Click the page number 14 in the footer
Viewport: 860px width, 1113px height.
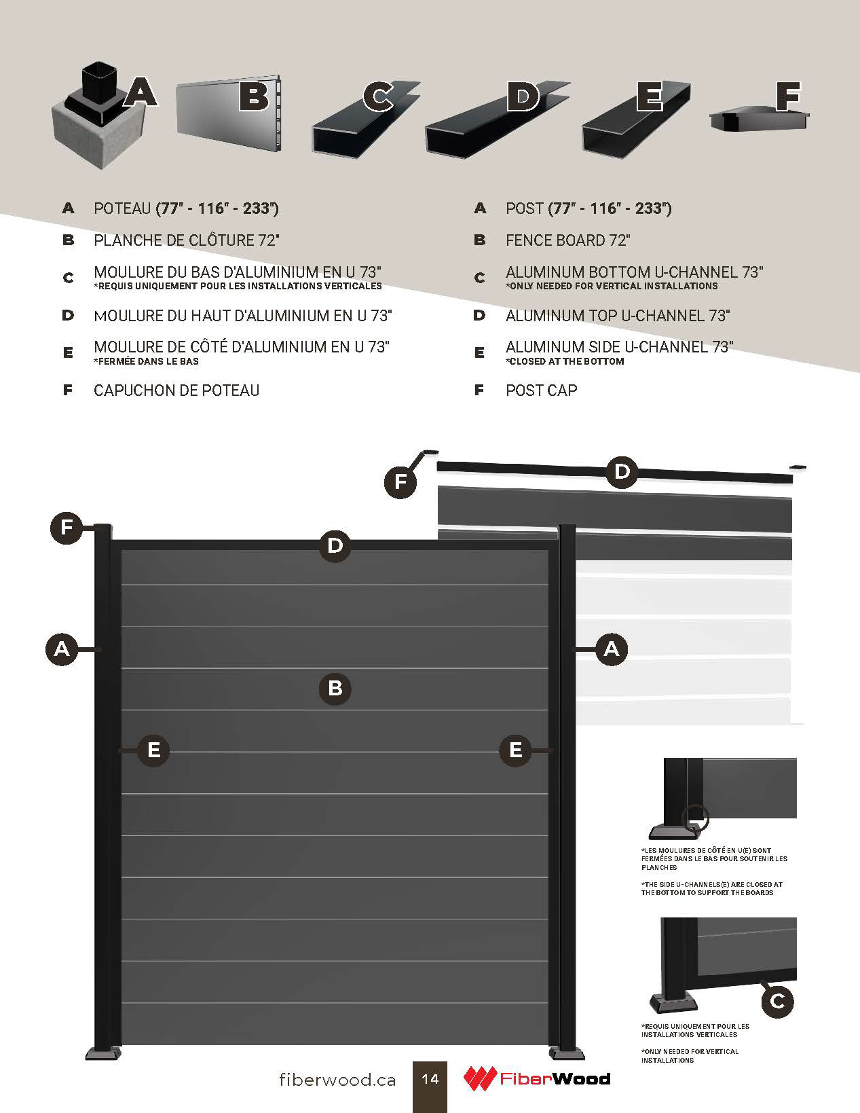tap(430, 1078)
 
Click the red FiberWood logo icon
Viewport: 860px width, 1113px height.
tap(480, 1078)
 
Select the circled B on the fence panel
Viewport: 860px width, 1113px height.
tap(335, 689)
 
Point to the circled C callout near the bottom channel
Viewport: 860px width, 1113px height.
tap(778, 1000)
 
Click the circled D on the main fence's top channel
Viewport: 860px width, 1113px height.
tap(335, 545)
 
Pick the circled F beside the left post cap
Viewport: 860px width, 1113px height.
tap(67, 528)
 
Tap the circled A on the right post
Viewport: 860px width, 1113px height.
tap(612, 649)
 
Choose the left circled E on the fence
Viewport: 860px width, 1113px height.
tap(153, 750)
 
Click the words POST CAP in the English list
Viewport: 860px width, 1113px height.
tap(541, 390)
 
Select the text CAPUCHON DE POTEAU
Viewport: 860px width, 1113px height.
tap(176, 390)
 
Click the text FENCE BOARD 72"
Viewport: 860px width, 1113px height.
tap(567, 240)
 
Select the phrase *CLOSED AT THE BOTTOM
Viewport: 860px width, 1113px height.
tap(565, 361)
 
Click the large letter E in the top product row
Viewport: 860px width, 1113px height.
tap(650, 96)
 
